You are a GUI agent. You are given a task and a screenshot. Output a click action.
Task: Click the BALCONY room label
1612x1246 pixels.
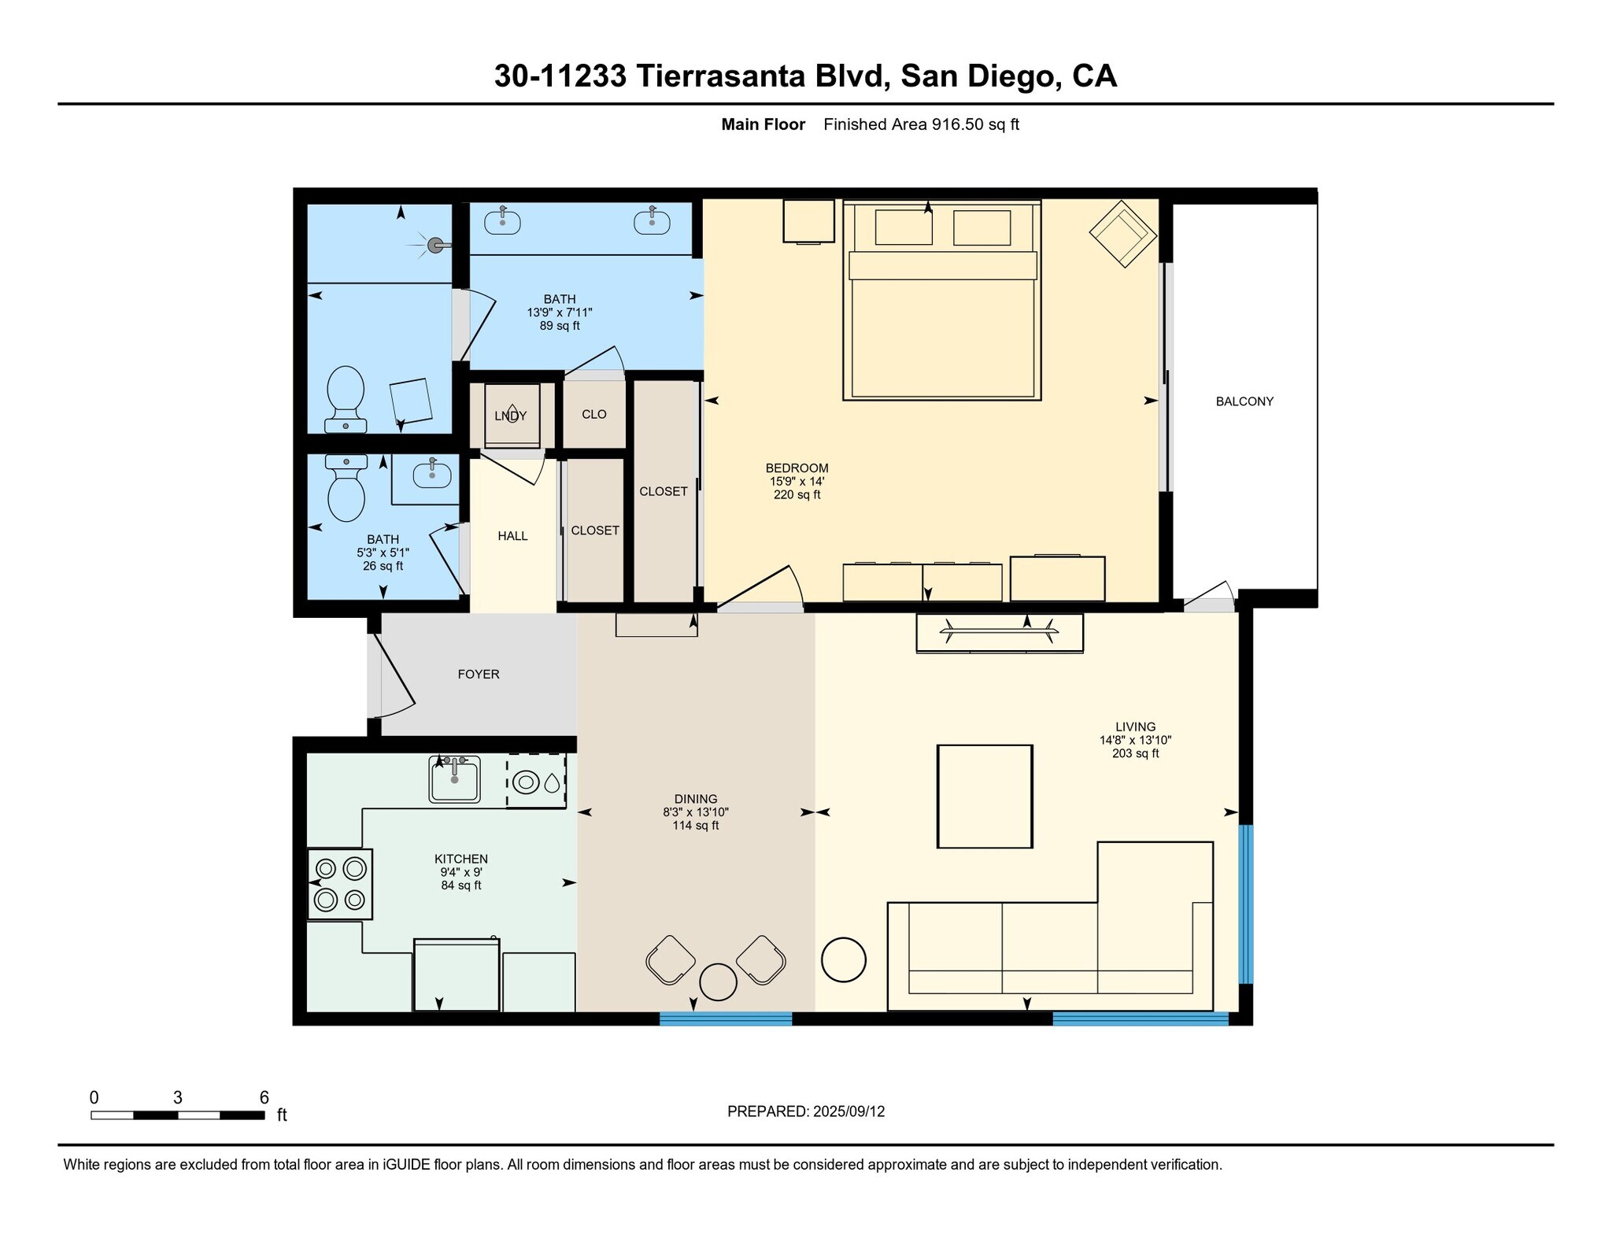pos(1244,401)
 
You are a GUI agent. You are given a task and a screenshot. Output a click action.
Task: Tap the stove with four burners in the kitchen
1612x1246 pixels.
pos(340,883)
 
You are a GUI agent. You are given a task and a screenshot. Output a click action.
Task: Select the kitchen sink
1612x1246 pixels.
pos(454,779)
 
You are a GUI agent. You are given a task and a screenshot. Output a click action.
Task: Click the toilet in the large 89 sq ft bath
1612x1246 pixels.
pos(346,394)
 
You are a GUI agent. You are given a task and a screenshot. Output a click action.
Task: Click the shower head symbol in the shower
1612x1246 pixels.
pos(435,245)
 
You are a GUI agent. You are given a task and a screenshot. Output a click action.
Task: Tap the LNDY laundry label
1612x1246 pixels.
pos(511,416)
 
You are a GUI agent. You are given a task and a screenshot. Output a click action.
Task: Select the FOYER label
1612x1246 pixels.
pos(479,675)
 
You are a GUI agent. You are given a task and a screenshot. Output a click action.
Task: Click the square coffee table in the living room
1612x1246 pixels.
pos(984,796)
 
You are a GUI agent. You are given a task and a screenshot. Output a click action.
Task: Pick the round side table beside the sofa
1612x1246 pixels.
pos(843,959)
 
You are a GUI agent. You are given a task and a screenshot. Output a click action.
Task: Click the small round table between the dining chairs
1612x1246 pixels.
pos(718,982)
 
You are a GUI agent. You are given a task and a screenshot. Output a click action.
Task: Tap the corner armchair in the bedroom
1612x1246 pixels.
pos(1122,234)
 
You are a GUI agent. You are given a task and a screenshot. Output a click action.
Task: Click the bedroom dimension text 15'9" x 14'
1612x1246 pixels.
pos(797,482)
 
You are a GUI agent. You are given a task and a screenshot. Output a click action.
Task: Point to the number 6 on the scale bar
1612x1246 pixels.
pos(264,1097)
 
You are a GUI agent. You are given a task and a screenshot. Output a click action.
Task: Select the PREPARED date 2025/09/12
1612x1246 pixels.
pos(849,1111)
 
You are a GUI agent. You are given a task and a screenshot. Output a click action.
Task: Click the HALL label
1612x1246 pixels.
pos(512,536)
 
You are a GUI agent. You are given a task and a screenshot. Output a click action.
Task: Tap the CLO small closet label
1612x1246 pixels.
pos(593,415)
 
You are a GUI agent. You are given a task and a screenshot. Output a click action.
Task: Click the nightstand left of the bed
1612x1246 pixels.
pos(808,220)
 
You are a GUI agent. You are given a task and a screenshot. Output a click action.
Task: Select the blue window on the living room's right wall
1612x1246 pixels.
pos(1245,904)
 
